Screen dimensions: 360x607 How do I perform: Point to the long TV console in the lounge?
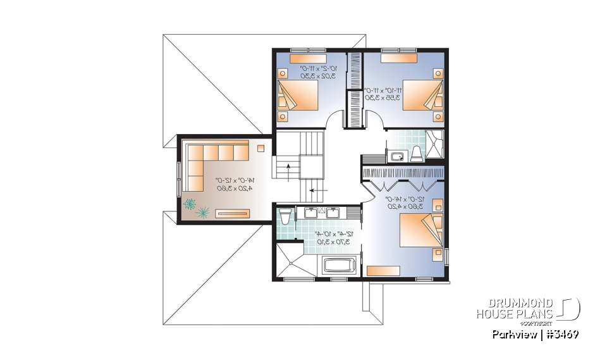coord(235,213)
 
